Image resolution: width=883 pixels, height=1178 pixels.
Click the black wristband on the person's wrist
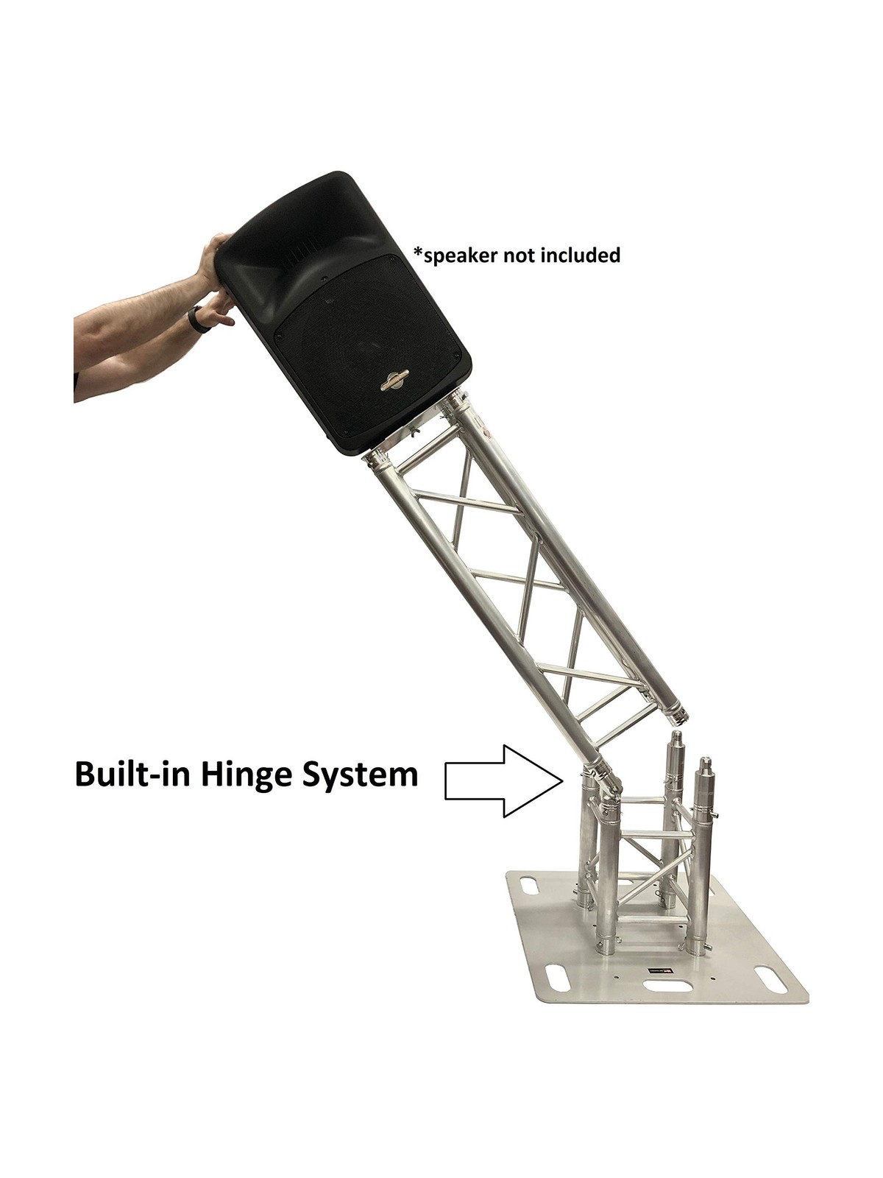[x=194, y=317]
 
